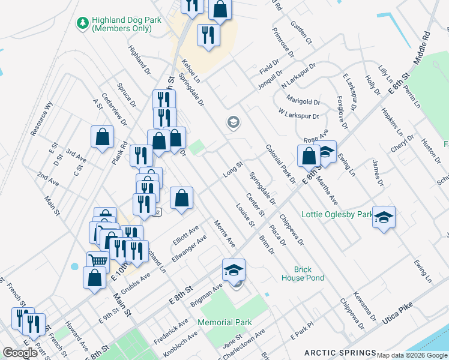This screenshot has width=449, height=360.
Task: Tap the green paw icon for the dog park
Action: [x=82, y=23]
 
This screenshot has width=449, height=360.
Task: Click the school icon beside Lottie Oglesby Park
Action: [x=384, y=217]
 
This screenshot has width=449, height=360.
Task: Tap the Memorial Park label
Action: [x=224, y=322]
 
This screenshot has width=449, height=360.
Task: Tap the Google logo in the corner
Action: [x=20, y=353]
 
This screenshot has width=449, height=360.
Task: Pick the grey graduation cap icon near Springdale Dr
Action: [x=233, y=124]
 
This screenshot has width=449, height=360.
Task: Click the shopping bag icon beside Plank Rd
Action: [x=103, y=137]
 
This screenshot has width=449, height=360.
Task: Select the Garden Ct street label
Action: [x=301, y=32]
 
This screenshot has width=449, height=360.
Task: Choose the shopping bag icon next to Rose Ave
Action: [x=309, y=155]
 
